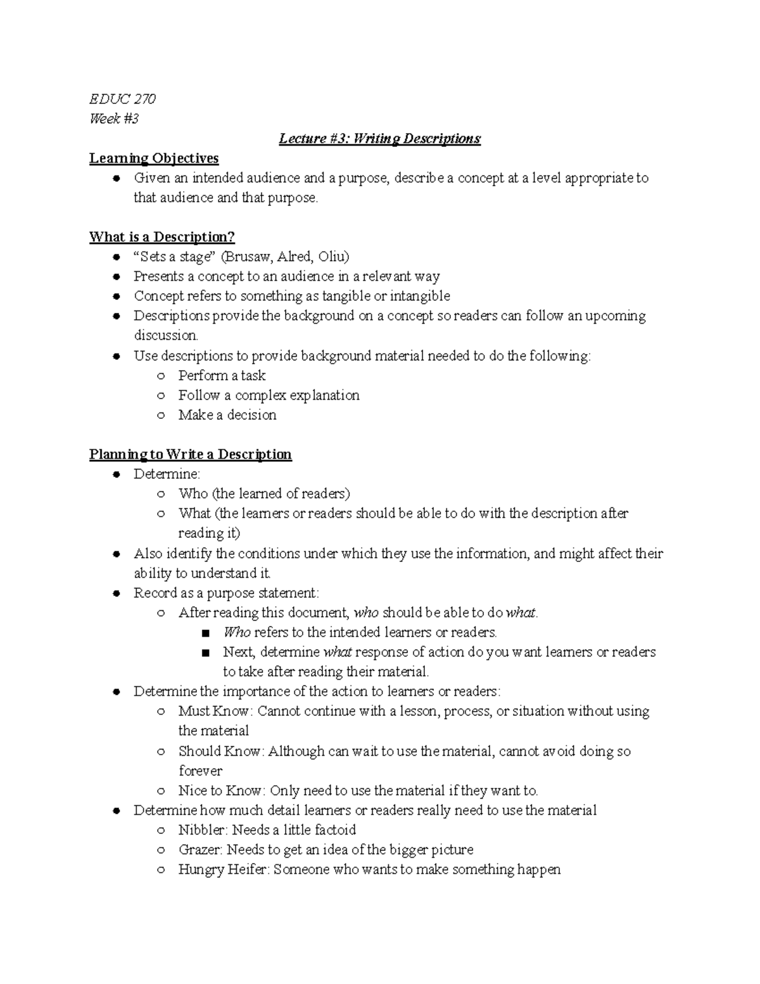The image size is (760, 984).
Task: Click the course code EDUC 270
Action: [122, 99]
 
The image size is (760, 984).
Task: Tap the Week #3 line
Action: [114, 118]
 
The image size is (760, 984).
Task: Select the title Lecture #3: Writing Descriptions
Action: [379, 138]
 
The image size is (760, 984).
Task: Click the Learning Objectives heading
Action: [154, 158]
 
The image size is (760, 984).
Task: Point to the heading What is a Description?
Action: [162, 237]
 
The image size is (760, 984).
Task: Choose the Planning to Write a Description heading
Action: [190, 454]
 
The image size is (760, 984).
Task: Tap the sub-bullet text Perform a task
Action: [222, 376]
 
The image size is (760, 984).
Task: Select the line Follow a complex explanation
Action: [269, 395]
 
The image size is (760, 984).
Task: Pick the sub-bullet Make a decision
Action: [227, 415]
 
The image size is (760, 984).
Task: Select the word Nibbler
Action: [203, 829]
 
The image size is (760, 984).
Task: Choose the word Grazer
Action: [199, 849]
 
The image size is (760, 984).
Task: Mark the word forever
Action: [200, 770]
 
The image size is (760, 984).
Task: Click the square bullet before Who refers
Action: [204, 633]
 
